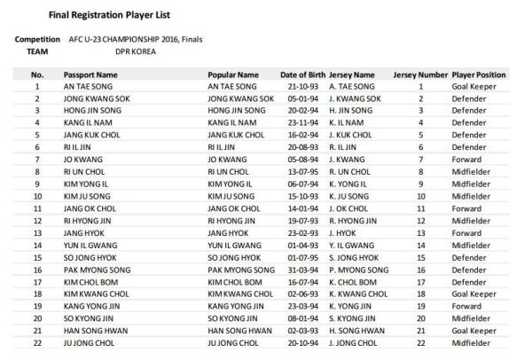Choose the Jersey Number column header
click(421, 76)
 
